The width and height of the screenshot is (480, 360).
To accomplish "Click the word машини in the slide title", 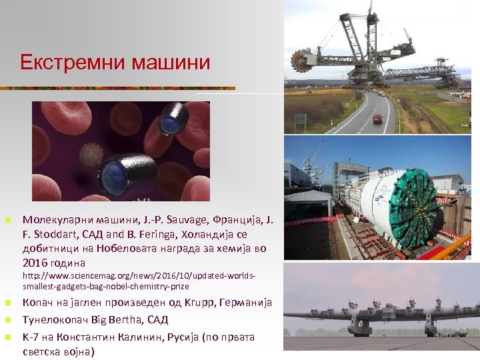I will [x=171, y=63].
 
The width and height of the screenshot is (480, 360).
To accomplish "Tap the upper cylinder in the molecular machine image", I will [x=174, y=119].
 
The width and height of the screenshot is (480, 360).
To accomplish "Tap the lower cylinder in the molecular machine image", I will [x=127, y=175].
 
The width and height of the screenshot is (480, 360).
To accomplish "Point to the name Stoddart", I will [x=62, y=234].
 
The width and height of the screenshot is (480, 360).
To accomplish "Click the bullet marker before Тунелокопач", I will [x=7, y=320].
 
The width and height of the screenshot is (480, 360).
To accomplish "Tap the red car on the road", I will [x=378, y=118].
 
